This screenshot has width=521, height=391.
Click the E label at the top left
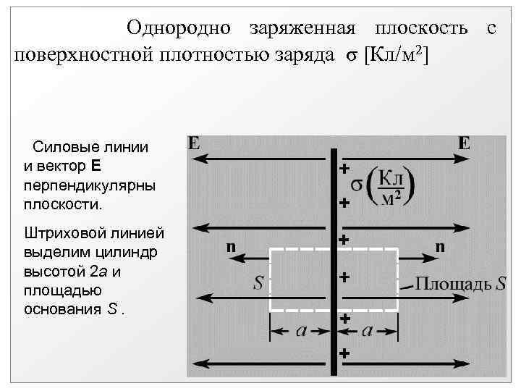194,143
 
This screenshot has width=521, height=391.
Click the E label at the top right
464,143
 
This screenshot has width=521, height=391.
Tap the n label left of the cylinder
230,246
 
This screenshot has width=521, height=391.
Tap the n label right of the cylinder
440,246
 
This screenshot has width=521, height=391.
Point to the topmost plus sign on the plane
344,169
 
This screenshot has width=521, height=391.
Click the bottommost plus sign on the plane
344,354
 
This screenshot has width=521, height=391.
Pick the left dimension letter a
302,331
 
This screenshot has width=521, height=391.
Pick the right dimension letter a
367,331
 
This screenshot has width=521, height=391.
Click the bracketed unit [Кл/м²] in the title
397,55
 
